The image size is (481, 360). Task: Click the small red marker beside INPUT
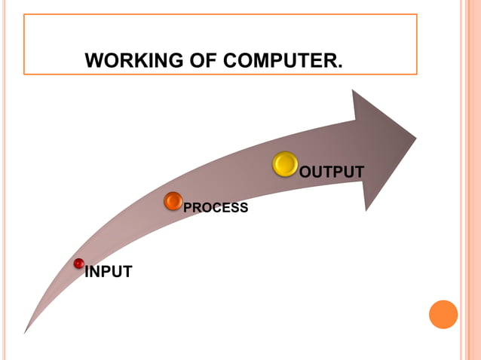tap(78, 264)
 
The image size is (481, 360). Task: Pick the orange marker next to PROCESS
tap(173, 201)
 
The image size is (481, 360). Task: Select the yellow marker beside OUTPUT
tap(286, 164)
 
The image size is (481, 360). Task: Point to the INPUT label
tap(109, 272)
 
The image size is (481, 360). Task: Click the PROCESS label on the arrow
tap(216, 208)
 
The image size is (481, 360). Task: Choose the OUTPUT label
tap(332, 172)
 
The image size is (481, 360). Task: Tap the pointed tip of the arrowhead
tap(416, 137)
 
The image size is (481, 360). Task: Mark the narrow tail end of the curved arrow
tap(26, 331)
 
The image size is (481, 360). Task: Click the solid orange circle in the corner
tap(443, 314)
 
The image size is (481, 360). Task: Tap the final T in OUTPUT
tap(359, 172)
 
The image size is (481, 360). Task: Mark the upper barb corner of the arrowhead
tap(353, 90)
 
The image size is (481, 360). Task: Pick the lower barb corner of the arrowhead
tap(367, 210)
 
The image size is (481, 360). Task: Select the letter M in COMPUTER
tap(261, 59)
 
